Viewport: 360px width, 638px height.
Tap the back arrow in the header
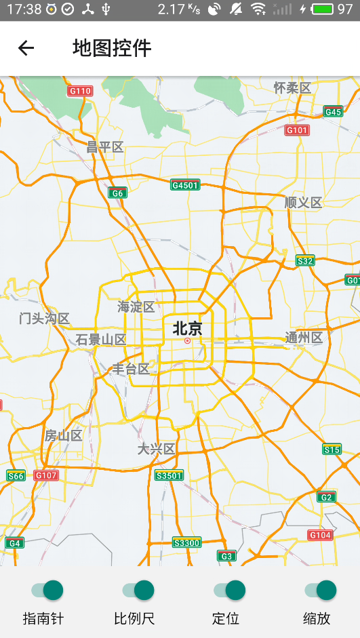click(26, 47)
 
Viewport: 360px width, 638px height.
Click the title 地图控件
click(112, 47)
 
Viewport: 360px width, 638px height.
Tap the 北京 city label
click(187, 329)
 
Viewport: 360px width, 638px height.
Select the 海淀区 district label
click(136, 307)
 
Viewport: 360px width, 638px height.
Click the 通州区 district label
click(304, 338)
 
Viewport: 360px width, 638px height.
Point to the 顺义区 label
click(303, 202)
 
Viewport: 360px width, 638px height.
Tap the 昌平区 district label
click(105, 146)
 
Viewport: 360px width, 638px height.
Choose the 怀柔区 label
click(292, 87)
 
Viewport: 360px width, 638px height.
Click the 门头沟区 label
click(45, 319)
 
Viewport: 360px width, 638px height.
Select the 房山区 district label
click(63, 435)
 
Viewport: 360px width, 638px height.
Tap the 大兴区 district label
click(157, 449)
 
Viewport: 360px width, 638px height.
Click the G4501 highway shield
click(185, 185)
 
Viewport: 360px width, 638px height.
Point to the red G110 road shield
click(80, 91)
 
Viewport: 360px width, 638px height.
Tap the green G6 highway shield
click(118, 193)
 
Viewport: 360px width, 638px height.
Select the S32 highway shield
click(305, 261)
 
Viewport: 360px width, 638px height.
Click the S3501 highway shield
click(169, 475)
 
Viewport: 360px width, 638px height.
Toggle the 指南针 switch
click(47, 590)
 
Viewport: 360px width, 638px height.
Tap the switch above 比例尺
click(138, 590)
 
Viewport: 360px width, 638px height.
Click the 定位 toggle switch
click(228, 590)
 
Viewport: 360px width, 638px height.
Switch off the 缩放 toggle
click(320, 590)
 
